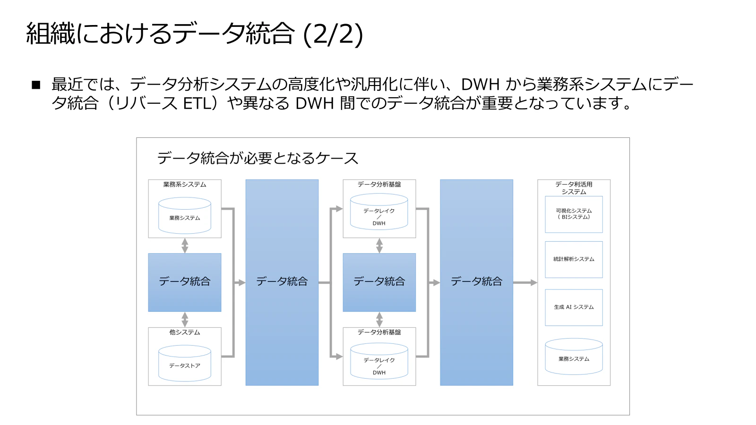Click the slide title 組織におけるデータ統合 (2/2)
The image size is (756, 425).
pos(194,34)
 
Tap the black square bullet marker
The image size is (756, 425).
pos(36,85)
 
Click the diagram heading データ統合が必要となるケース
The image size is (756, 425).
pos(258,158)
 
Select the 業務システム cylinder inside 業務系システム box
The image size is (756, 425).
pos(185,215)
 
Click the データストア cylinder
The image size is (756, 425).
pos(185,363)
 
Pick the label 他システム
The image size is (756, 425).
pos(185,332)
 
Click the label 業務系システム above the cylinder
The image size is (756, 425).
pos(185,185)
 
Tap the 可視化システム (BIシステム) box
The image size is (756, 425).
pos(574,214)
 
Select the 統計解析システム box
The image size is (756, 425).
pos(574,259)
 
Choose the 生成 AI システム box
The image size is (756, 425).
pos(574,307)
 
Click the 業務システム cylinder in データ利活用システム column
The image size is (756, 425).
pos(574,357)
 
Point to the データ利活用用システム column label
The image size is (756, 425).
pos(574,188)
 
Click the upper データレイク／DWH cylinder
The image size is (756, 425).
pos(379,212)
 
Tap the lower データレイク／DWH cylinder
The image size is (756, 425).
pos(379,361)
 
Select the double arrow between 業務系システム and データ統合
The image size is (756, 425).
pos(185,246)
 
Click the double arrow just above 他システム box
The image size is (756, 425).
pos(185,319)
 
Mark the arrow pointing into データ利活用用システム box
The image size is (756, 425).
pos(525,283)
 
